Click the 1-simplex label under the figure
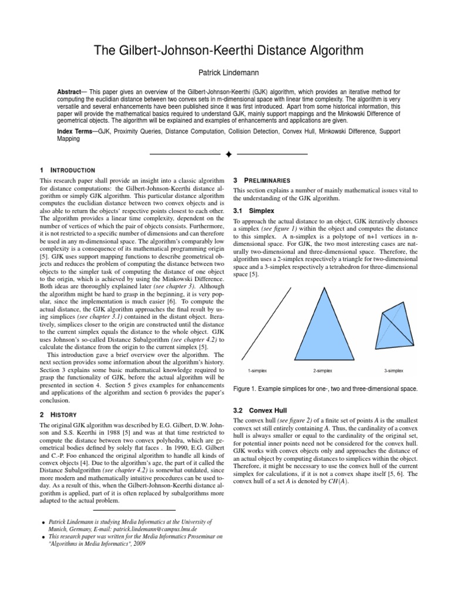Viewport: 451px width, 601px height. pyautogui.click(x=257, y=371)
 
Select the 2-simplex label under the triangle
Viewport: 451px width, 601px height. pyautogui.click(x=323, y=371)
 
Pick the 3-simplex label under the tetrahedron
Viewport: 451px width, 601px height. pyautogui.click(x=393, y=371)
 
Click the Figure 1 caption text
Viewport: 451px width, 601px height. pyautogui.click(x=325, y=389)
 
